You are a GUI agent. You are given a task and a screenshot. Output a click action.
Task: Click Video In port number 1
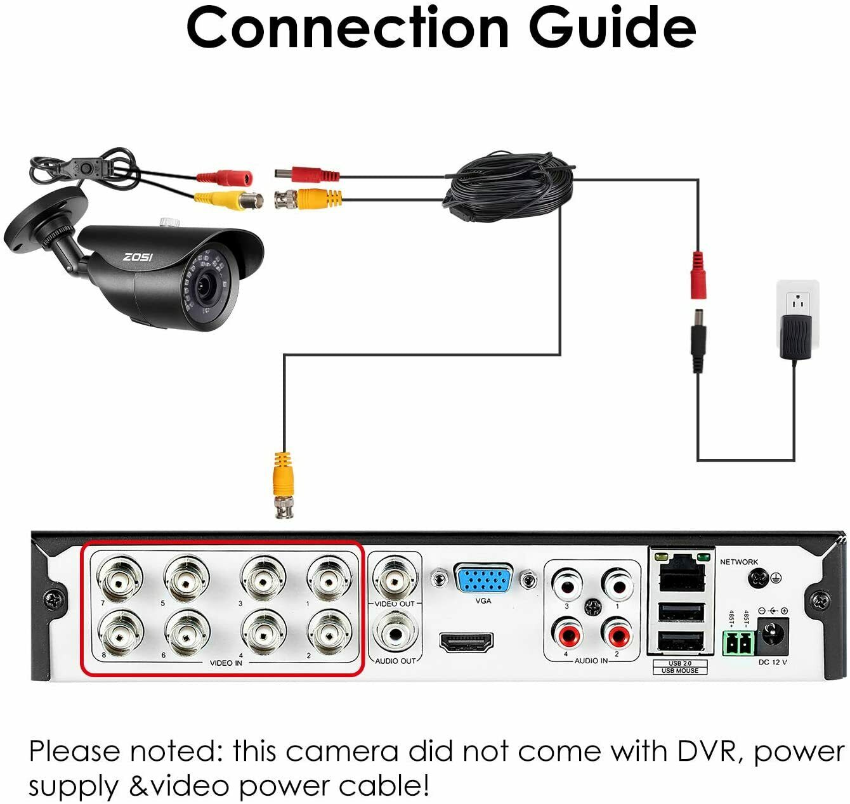pyautogui.click(x=329, y=577)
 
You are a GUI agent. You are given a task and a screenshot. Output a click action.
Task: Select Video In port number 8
pyautogui.click(x=121, y=632)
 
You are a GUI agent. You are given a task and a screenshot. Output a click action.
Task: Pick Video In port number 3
pyautogui.click(x=262, y=577)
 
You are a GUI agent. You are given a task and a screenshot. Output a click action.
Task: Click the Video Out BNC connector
pyautogui.click(x=395, y=577)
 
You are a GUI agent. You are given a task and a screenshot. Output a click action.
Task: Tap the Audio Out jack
pyautogui.click(x=395, y=633)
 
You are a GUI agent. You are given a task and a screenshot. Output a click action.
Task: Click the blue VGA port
pyautogui.click(x=483, y=580)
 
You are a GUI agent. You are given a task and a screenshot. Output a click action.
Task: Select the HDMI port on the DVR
pyautogui.click(x=466, y=643)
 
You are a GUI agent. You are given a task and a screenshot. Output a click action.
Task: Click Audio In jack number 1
pyautogui.click(x=617, y=585)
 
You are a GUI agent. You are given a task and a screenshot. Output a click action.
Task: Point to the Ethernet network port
pyautogui.click(x=682, y=577)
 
